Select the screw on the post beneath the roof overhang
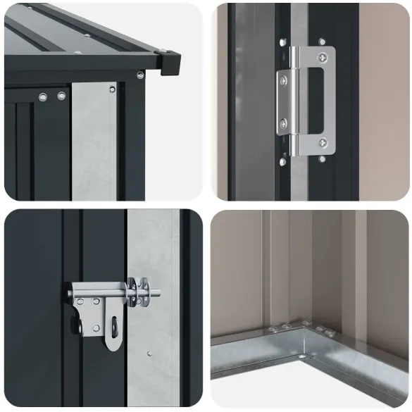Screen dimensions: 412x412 tap(140, 75)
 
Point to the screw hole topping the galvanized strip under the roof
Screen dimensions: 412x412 tap(111, 89)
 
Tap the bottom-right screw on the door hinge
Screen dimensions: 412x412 tap(323, 143)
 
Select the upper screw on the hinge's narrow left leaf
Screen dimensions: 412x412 tap(284, 82)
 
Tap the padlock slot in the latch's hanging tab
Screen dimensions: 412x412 tap(113, 328)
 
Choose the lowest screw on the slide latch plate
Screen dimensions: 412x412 tap(96, 327)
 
